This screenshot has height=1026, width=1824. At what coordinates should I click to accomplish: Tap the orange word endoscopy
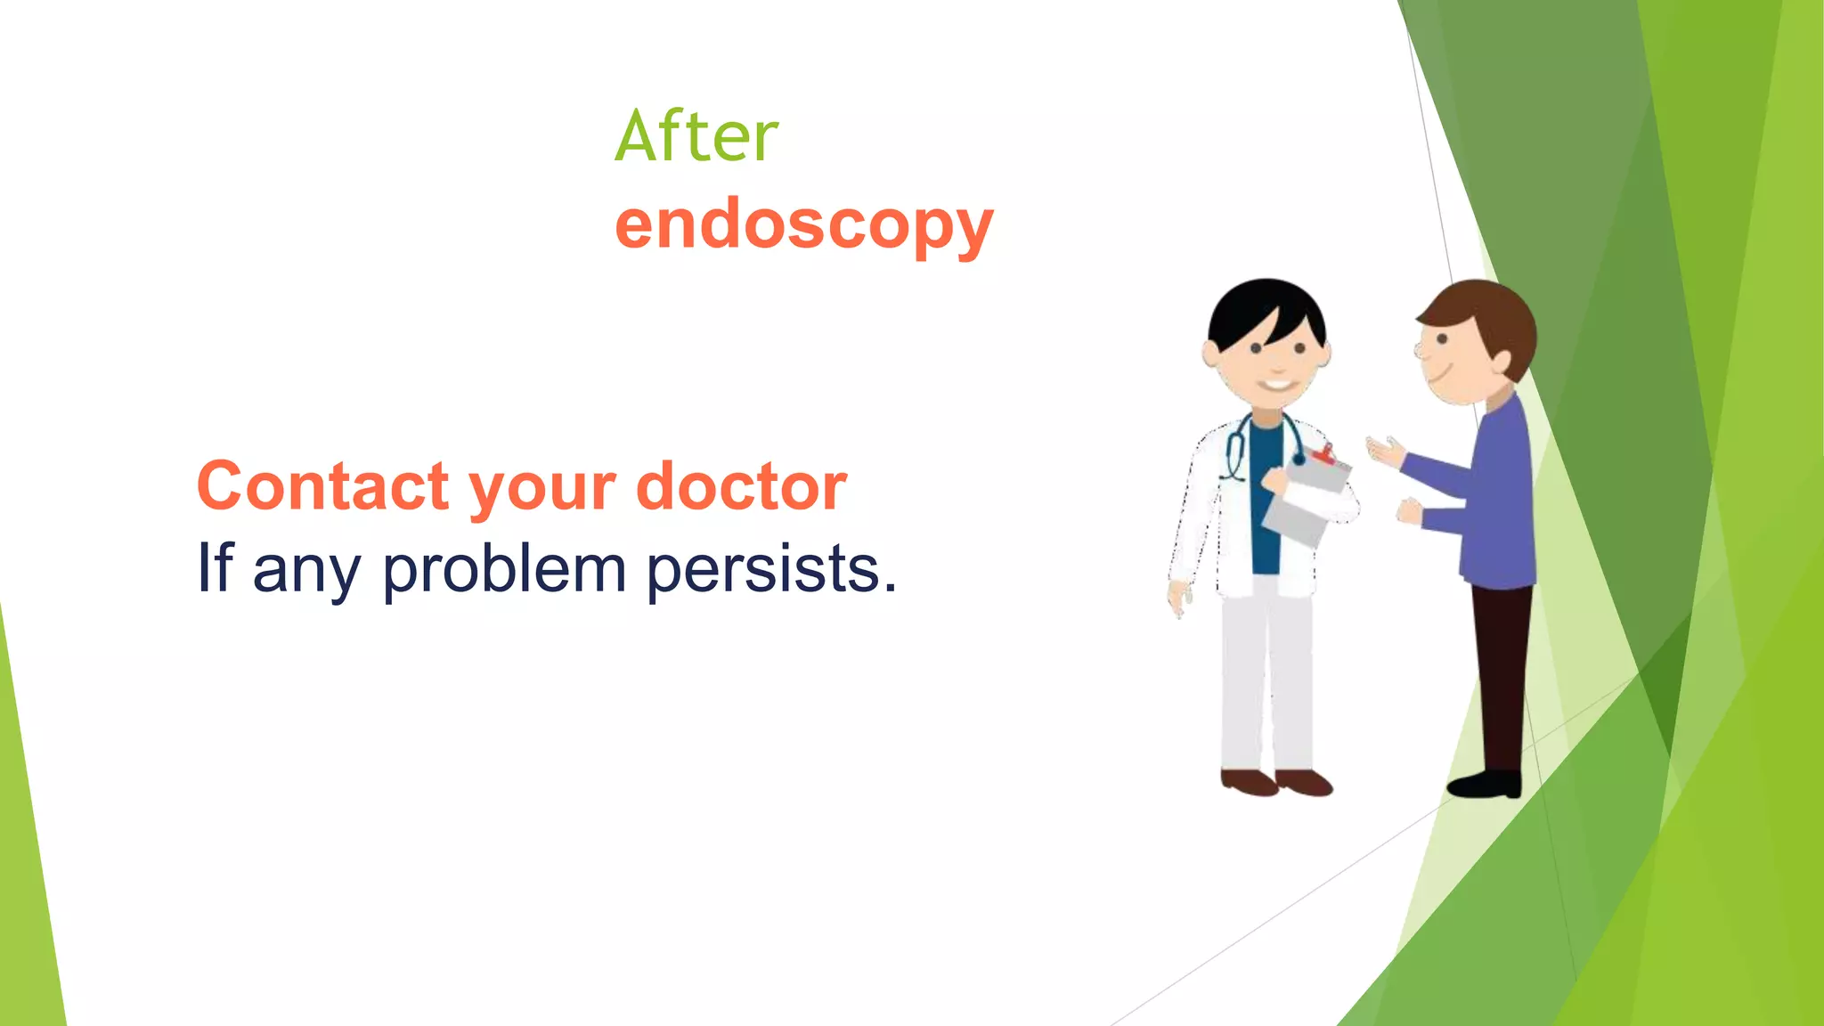click(803, 224)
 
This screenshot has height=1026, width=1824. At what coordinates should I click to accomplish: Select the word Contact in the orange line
click(322, 486)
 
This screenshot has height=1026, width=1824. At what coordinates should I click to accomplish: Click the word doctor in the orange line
click(741, 486)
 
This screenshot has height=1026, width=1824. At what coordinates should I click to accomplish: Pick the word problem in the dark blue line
click(504, 570)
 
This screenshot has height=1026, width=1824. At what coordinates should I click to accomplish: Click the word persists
click(771, 570)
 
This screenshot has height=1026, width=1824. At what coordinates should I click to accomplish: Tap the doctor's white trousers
click(1265, 677)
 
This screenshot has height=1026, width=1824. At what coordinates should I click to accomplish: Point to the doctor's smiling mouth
click(1276, 385)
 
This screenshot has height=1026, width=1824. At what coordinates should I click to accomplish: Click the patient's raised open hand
click(1383, 450)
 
